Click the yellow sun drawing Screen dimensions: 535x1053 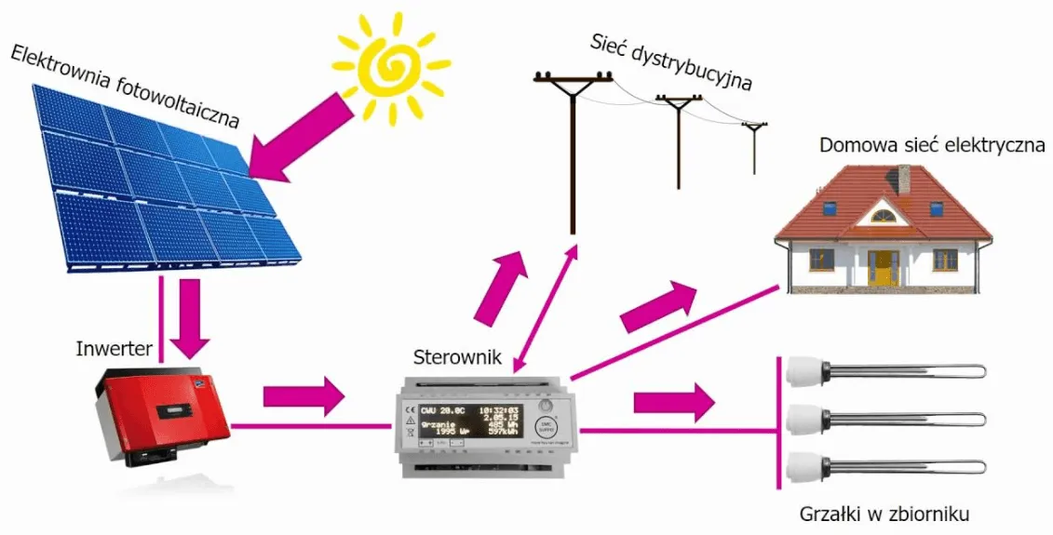point(391,65)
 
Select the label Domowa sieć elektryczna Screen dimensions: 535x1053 point(932,146)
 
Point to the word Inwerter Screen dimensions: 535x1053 point(114,349)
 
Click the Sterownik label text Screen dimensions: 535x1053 point(457,356)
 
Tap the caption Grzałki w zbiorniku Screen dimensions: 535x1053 point(885,514)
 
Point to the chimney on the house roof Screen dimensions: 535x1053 point(902,178)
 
